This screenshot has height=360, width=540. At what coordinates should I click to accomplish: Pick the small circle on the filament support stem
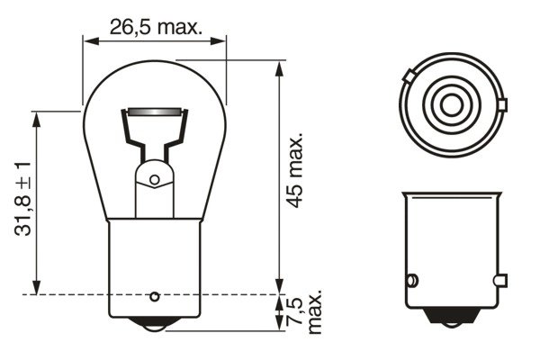154,180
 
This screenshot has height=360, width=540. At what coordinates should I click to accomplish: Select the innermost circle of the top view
446,103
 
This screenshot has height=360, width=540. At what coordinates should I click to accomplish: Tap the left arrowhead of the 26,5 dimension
87,40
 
